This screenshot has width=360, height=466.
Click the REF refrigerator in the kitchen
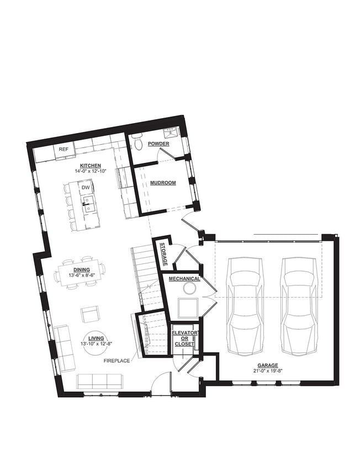tap(63, 151)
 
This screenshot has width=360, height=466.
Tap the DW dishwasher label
tap(86, 188)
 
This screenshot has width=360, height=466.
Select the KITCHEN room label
tap(91, 166)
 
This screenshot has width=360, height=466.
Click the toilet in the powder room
tap(137, 142)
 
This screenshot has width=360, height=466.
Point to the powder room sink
tap(172, 133)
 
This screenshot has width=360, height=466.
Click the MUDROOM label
tap(163, 183)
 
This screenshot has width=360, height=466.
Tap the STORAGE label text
tap(163, 254)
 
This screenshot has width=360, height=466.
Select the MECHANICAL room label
tap(184, 278)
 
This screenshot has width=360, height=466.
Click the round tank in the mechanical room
tap(189, 288)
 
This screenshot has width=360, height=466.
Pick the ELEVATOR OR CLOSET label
tap(184, 338)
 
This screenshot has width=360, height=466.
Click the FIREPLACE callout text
tap(117, 361)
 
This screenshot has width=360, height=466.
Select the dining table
tap(80, 272)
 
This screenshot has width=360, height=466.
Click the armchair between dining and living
tap(90, 315)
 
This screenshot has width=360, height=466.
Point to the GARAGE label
tap(268, 366)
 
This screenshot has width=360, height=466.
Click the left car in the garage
tap(245, 306)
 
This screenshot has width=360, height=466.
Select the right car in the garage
tap(299, 306)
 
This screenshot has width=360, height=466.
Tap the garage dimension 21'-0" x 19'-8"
tap(268, 370)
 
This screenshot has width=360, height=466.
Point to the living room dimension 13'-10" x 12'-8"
tap(96, 343)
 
